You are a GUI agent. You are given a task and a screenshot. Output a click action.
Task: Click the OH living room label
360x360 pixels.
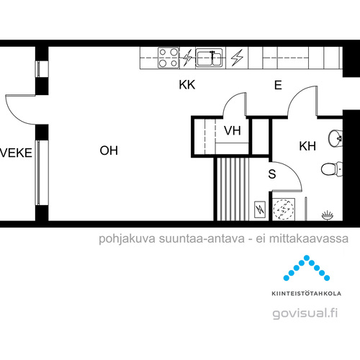[109, 150]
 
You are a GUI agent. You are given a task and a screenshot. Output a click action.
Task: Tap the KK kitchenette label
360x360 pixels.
[187, 85]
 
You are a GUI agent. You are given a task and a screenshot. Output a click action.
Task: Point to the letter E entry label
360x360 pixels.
[278, 85]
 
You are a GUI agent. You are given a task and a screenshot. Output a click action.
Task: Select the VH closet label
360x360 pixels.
[233, 130]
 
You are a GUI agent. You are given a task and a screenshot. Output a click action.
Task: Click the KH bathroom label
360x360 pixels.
[307, 146]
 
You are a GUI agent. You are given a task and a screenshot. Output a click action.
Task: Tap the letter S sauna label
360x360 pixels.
[272, 174]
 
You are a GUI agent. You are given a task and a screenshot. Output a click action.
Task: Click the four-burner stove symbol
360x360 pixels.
[168, 58]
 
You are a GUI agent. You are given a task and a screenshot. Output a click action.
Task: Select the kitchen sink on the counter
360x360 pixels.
[209, 58]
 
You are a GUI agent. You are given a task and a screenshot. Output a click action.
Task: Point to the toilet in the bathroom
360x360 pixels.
[331, 168]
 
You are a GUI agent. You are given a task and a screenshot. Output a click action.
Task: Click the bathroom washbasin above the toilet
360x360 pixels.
[335, 138]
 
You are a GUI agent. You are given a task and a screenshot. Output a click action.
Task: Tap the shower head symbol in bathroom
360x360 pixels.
[328, 215]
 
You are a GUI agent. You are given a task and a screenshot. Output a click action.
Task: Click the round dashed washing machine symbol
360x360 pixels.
[284, 209]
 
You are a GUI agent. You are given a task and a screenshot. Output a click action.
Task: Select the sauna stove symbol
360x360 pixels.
[260, 210]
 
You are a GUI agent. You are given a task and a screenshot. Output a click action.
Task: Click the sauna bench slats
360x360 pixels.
[232, 189]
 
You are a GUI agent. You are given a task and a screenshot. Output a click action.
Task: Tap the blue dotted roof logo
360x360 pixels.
[307, 268]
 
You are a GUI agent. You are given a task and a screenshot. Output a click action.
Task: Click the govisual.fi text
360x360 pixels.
[305, 313]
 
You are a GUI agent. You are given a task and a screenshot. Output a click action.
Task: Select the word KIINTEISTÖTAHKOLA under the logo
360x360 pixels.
[307, 293]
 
